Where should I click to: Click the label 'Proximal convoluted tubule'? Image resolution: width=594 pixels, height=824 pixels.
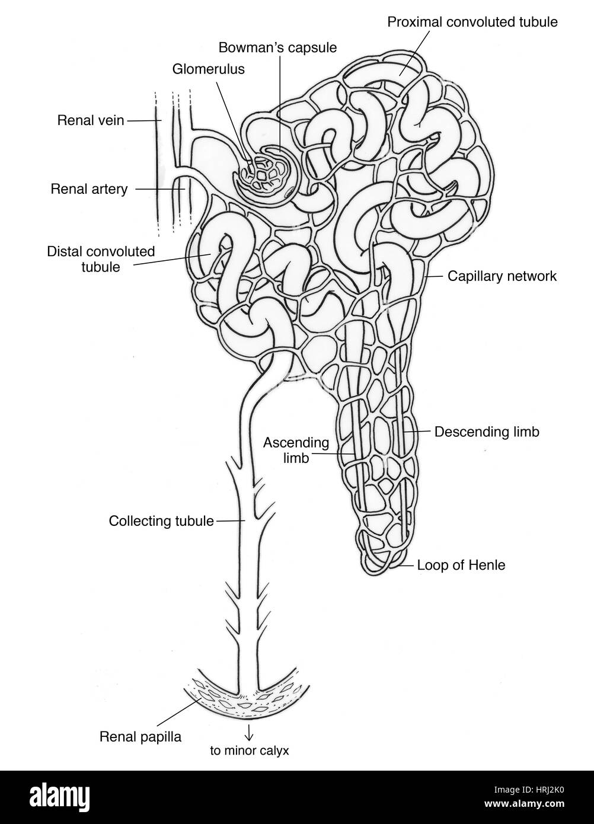pyautogui.click(x=472, y=23)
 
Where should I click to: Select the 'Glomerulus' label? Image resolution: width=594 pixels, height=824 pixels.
pyautogui.click(x=208, y=69)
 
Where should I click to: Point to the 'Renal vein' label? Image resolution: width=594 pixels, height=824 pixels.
pyautogui.click(x=91, y=120)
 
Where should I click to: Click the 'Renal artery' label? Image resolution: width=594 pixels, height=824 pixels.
pyautogui.click(x=89, y=190)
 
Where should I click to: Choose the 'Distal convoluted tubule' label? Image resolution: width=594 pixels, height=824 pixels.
pyautogui.click(x=101, y=258)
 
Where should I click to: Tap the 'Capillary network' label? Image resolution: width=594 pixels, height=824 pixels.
pyautogui.click(x=502, y=276)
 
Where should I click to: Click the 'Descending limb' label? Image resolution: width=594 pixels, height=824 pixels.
pyautogui.click(x=487, y=432)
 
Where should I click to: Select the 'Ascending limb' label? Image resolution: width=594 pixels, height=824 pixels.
pyautogui.click(x=296, y=450)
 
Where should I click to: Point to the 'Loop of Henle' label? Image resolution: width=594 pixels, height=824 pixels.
pyautogui.click(x=461, y=565)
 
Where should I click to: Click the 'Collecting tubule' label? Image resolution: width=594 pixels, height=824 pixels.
pyautogui.click(x=161, y=521)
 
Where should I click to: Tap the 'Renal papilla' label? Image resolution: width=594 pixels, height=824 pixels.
pyautogui.click(x=140, y=737)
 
